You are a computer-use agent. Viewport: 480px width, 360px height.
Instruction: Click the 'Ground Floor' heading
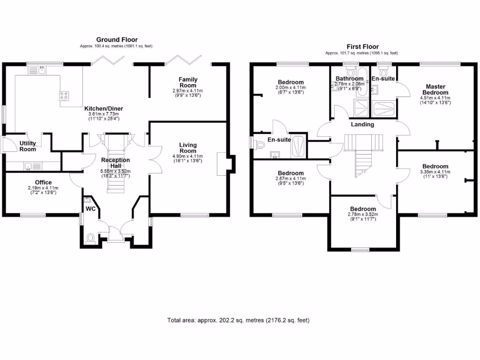[117, 40]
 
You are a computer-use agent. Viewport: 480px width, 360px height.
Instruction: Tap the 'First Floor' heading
[362, 46]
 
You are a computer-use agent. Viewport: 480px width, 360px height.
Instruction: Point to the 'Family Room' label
[187, 82]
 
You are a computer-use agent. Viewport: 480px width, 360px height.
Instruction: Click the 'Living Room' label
[188, 148]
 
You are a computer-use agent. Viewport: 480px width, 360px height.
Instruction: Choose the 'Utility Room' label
[28, 146]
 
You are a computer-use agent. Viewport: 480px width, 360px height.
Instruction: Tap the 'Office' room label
[43, 182]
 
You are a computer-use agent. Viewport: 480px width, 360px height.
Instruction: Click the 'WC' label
[90, 209]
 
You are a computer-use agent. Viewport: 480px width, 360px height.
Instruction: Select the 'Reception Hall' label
[115, 163]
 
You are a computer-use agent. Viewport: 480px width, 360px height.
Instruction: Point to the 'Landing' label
[362, 124]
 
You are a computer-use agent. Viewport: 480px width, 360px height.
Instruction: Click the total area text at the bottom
[239, 321]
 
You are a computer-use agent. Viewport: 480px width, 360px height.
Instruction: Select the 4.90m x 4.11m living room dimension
[188, 156]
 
